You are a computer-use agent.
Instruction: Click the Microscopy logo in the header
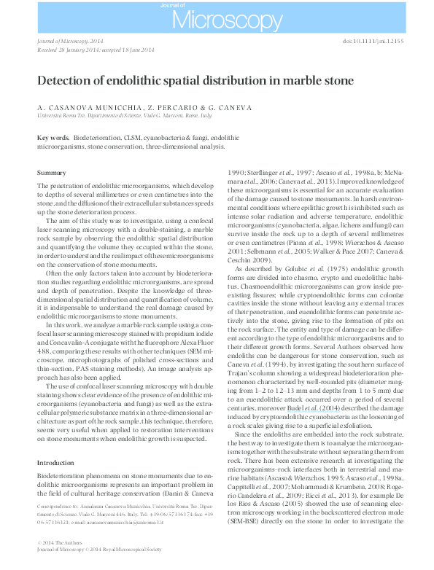[x=217, y=17]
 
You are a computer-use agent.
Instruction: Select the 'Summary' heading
[x=51, y=173]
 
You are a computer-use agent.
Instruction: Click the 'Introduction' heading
[x=55, y=463]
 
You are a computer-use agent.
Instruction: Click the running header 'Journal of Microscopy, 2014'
[x=72, y=42]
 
